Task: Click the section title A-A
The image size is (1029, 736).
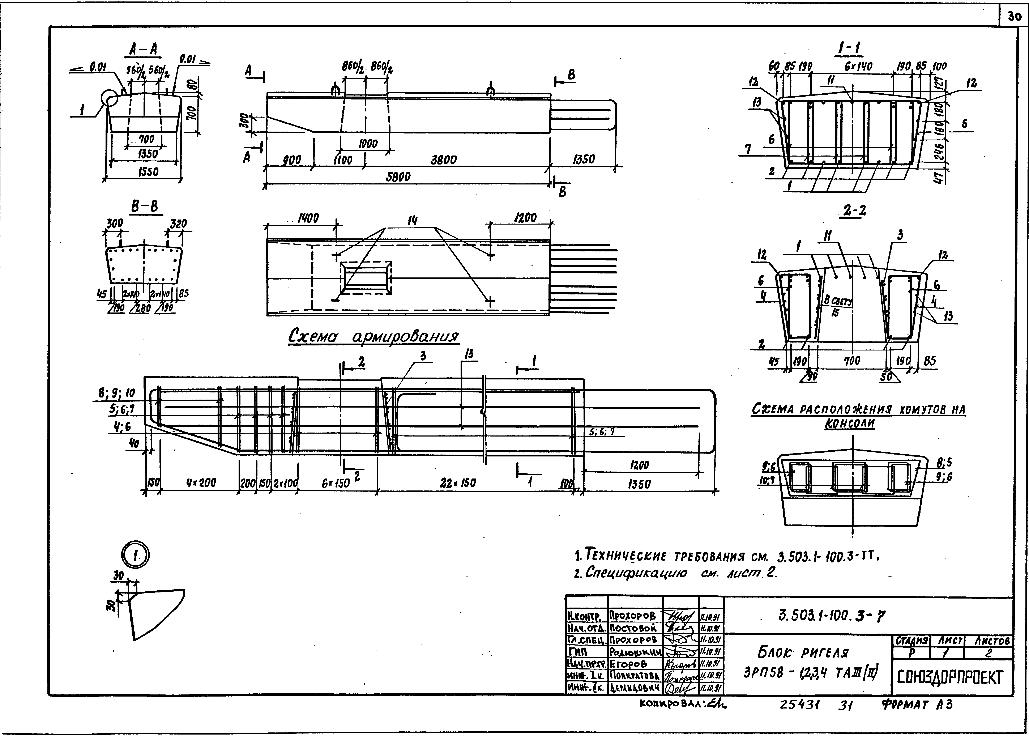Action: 143,49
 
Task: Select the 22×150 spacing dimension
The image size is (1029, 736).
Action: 458,483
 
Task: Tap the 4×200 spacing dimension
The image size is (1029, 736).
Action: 201,483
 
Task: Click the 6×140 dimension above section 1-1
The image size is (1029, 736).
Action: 858,67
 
